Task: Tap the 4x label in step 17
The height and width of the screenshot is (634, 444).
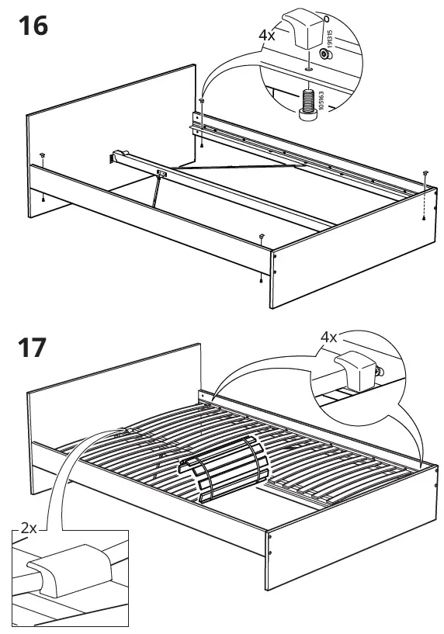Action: coord(328,338)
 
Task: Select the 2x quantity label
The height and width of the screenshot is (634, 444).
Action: coord(28,527)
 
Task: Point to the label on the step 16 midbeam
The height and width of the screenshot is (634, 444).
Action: coord(162,172)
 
